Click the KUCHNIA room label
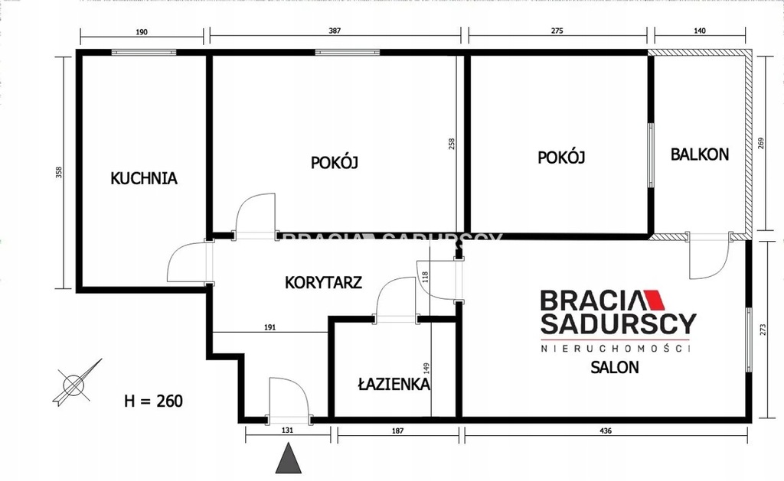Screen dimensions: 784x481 pos(143,178)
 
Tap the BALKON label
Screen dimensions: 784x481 pos(700,154)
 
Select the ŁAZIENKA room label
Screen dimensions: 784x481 pos(394,384)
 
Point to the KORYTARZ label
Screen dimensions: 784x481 pos(323,283)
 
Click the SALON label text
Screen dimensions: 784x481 pos(615,367)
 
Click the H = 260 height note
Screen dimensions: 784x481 pos(153,401)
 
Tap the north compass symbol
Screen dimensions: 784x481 pos(76,383)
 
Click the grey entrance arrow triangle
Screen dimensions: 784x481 pos(289,458)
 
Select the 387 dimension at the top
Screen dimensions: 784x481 pos(335,31)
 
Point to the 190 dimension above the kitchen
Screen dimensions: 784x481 pos(142,32)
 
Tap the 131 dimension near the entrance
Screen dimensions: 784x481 pos(288,430)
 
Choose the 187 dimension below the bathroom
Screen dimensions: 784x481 pos(397,431)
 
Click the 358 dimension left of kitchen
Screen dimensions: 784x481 pos(59,172)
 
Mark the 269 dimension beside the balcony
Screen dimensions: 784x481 pos(762,144)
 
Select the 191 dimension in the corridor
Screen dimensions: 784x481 pos(269,327)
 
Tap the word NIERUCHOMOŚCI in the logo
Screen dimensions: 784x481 pos(616,348)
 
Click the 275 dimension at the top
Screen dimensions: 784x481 pos(557,31)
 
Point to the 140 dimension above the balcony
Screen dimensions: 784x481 pos(700,31)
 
